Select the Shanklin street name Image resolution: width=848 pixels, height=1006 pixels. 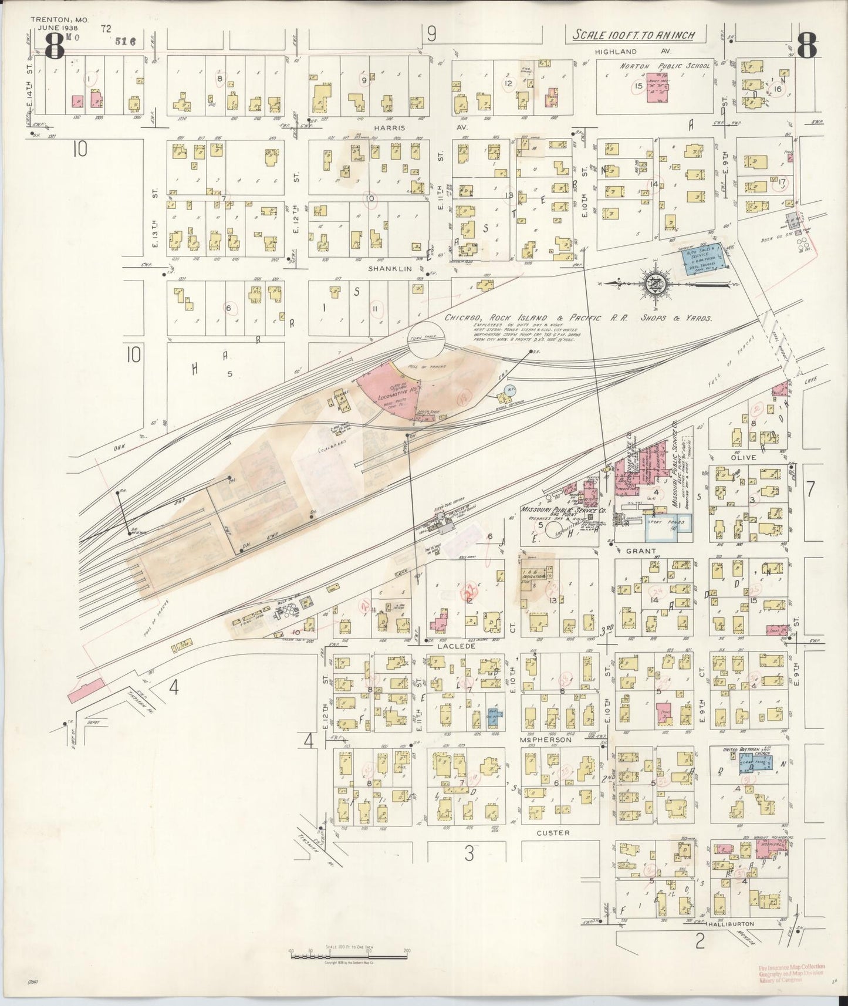click(x=387, y=268)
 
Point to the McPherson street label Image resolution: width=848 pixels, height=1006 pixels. click(x=545, y=740)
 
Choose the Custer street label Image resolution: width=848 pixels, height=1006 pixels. click(x=553, y=832)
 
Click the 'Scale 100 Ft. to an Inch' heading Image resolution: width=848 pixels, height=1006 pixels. click(x=633, y=35)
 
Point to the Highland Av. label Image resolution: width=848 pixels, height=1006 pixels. click(x=623, y=52)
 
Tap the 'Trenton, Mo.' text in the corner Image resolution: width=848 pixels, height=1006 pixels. click(x=59, y=19)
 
